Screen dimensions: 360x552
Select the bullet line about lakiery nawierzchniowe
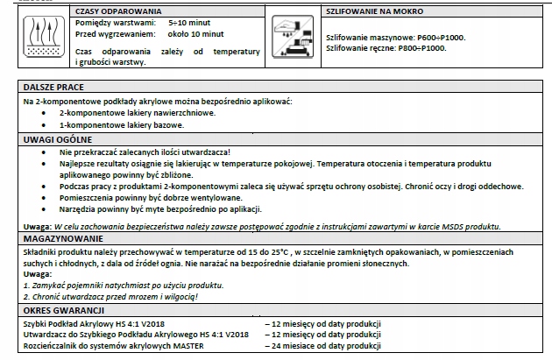tap(134, 113)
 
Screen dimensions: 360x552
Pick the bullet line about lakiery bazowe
tap(120, 124)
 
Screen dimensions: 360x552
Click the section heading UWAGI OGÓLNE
tap(55, 138)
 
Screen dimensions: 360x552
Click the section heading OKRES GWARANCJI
tap(63, 310)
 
